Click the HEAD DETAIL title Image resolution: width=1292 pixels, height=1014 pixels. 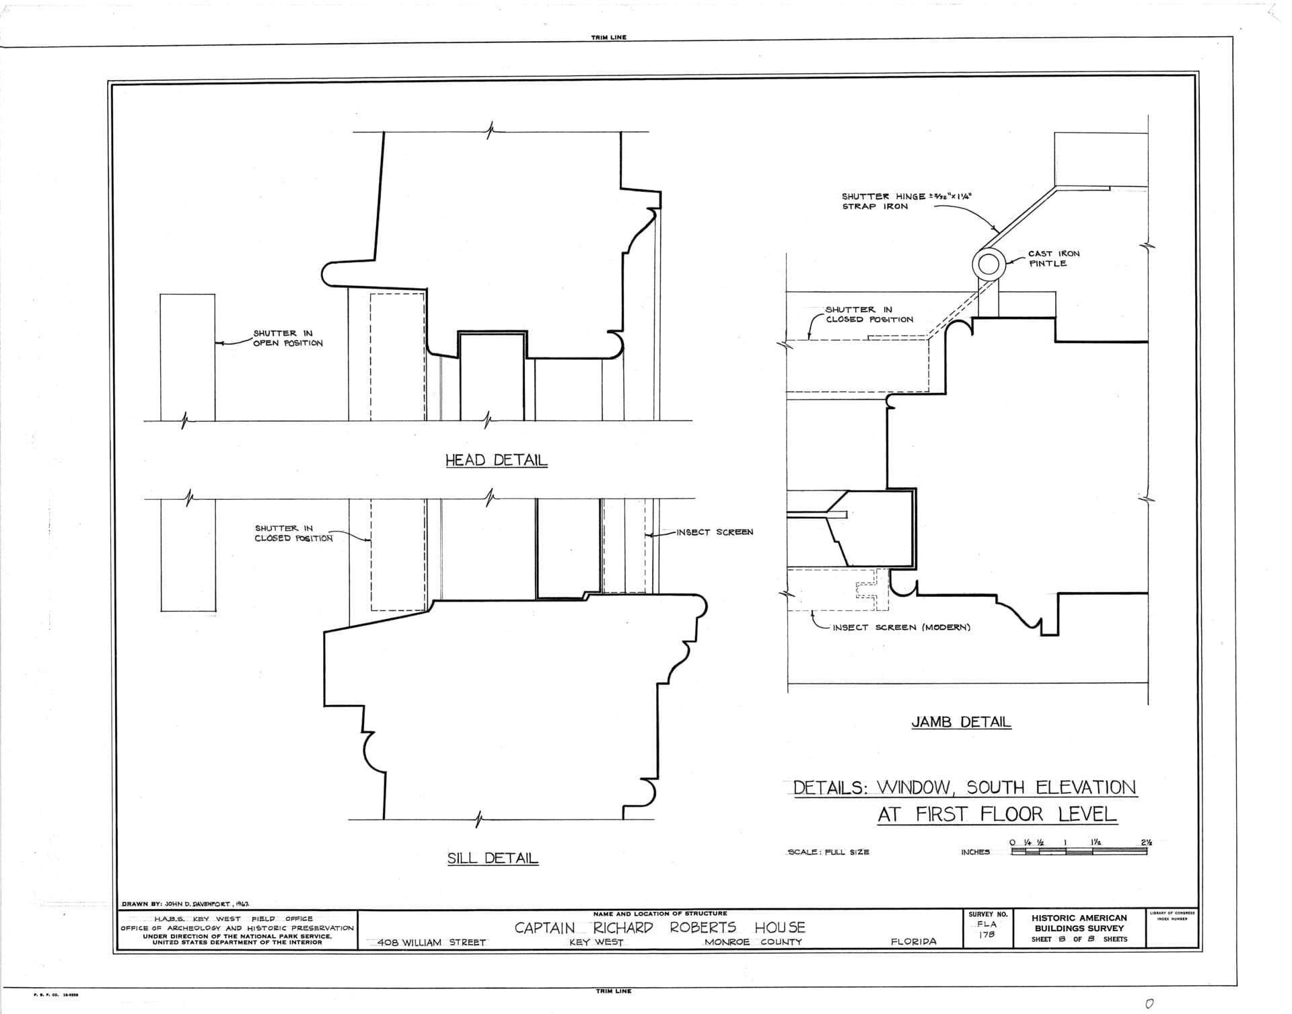click(496, 460)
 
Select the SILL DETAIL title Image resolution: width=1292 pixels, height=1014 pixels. click(493, 858)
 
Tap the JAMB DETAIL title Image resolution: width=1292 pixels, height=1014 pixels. click(961, 722)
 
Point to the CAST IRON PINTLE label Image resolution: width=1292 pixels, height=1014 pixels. click(1053, 258)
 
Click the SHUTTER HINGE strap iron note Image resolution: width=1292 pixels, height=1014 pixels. click(906, 201)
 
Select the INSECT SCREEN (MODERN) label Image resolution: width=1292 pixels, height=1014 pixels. click(901, 627)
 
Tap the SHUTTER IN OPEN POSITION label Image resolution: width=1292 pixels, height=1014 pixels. click(288, 338)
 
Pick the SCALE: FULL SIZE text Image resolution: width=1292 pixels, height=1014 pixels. click(828, 852)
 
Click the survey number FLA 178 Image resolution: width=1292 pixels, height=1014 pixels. click(987, 929)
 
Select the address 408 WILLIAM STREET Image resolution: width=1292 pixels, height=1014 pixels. click(431, 943)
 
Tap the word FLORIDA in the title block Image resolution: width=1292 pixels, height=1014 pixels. click(913, 941)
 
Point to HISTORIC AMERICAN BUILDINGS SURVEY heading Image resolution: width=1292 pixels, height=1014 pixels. click(1079, 922)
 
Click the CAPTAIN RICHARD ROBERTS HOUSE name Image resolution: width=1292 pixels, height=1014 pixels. click(659, 927)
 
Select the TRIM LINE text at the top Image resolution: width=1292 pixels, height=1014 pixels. click(608, 38)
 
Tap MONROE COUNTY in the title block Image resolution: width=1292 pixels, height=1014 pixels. click(753, 942)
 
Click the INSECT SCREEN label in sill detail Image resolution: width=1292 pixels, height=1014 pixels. click(715, 532)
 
